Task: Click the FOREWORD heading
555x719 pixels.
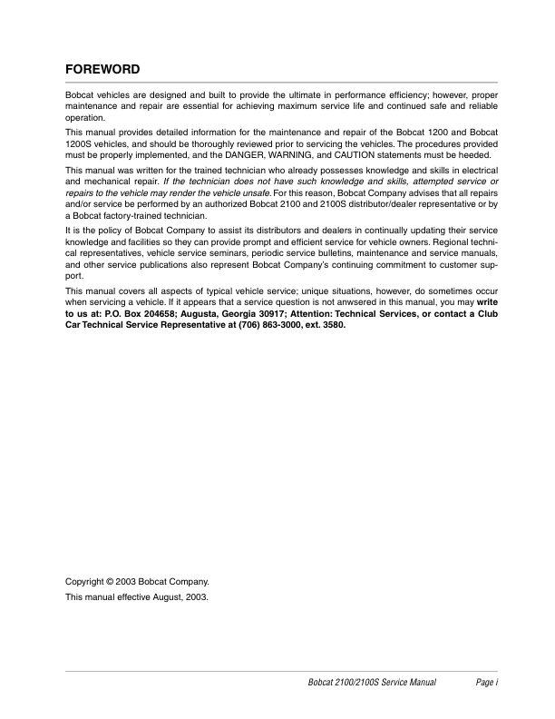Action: [x=102, y=69]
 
